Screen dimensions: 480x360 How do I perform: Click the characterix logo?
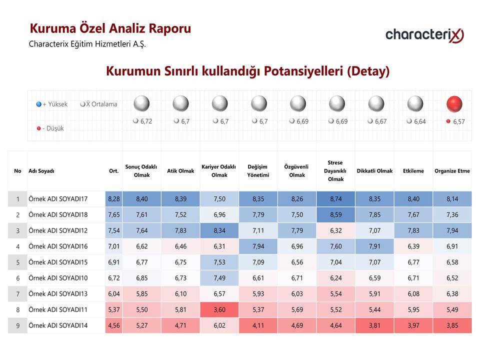[x=424, y=35]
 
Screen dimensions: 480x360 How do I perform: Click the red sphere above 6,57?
[x=454, y=104]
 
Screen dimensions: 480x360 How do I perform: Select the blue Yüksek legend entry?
[x=51, y=104]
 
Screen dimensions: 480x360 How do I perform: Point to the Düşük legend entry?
[x=50, y=128]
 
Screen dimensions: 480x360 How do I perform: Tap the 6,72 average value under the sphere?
[x=143, y=121]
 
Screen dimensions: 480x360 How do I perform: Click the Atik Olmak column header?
[x=180, y=171]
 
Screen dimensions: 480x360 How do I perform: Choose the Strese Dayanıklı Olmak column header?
[x=335, y=171]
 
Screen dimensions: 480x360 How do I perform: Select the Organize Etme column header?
[x=452, y=171]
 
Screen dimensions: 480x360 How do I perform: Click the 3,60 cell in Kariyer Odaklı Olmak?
[x=219, y=309]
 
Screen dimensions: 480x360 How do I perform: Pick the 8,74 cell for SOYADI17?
[x=336, y=199]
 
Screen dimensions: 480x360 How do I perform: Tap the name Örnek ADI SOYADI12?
[x=58, y=230]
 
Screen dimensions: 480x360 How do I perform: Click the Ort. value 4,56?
[x=114, y=325]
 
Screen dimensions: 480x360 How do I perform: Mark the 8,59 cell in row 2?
[x=336, y=215]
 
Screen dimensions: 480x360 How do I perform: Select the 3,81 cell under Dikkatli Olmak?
[x=374, y=325]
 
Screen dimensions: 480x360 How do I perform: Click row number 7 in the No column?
[x=18, y=294]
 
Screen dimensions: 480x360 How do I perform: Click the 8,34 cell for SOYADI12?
[x=219, y=230]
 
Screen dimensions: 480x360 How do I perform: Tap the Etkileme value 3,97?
[x=413, y=325]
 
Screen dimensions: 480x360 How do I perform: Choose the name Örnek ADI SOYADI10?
[x=58, y=278]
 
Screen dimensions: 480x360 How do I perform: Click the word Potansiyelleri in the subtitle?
[x=303, y=71]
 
